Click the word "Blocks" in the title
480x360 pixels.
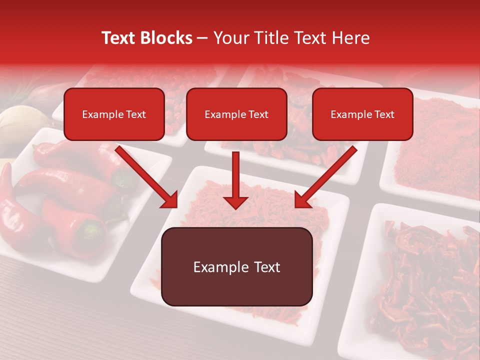click(x=166, y=38)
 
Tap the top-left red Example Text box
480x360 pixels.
click(x=114, y=114)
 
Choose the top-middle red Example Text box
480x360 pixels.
click(x=236, y=114)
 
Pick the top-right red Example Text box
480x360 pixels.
click(x=362, y=114)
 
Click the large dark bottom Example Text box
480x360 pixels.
click(x=236, y=267)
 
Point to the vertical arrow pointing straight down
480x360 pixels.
click(x=235, y=180)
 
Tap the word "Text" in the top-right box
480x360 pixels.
click(x=384, y=114)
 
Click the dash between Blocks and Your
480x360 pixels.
click(x=202, y=38)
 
